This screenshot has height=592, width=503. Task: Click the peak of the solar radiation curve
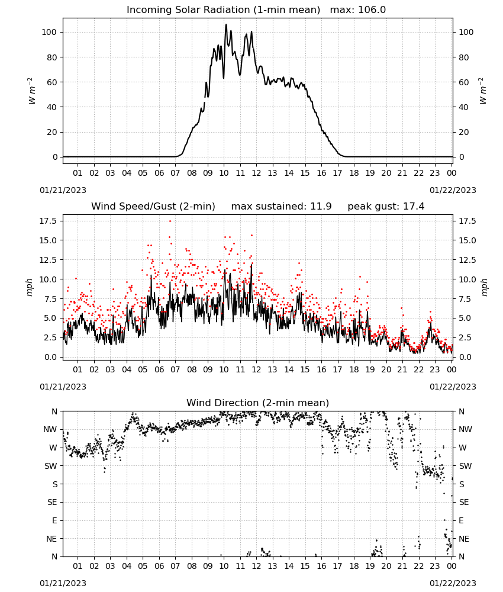226,24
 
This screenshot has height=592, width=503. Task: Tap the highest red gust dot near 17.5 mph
170,221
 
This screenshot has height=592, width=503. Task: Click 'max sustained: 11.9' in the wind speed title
281,207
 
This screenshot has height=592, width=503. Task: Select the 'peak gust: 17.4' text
386,207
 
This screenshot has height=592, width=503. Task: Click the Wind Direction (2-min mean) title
258,403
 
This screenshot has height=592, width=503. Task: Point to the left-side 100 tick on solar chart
49,33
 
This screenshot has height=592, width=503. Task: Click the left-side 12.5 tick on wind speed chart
49,260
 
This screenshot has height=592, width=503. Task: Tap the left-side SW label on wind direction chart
51,466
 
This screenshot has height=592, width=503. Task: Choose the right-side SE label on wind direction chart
464,503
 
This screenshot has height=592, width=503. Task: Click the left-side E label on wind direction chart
54,520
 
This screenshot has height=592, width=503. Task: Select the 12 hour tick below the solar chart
256,173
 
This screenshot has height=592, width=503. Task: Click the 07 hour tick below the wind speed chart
175,369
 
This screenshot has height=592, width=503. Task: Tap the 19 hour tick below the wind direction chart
370,566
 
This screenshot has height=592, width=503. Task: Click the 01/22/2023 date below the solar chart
453,190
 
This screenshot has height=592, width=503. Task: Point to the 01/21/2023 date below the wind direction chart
63,583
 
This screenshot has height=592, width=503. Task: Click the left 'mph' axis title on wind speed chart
30,287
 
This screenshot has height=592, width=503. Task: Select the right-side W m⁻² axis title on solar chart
483,91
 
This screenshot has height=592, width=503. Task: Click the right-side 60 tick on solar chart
464,82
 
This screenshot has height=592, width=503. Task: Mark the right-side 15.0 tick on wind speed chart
467,240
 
